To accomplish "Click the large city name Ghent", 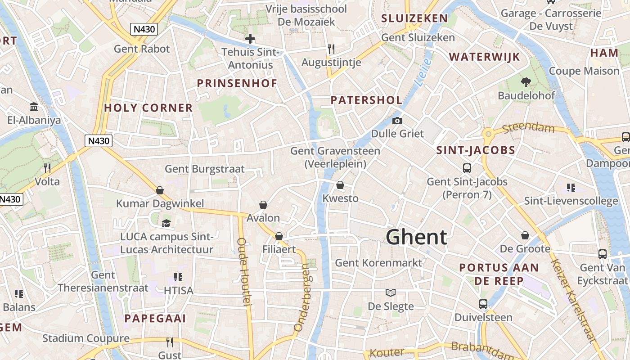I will coord(417,237).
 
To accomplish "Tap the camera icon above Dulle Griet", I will coord(397,121).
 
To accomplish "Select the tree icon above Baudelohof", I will coord(526,82).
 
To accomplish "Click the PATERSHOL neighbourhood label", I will coord(366,100).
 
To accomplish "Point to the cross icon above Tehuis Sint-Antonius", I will coord(250,39).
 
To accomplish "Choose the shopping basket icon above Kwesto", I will coord(340,185).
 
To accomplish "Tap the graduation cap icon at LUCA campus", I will coord(166,223).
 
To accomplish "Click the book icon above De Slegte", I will coord(391,292).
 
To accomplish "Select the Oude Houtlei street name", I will coord(243,272).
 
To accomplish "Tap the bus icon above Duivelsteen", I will coord(483,304).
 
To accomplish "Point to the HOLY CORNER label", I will coord(148,108).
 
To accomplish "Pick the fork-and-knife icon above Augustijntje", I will coord(332,49).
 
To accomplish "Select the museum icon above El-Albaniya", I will coord(34,107).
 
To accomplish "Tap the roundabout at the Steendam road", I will coord(488,133).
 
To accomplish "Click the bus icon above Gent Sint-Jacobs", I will coord(467,168).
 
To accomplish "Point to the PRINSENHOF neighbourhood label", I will coord(237,83).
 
